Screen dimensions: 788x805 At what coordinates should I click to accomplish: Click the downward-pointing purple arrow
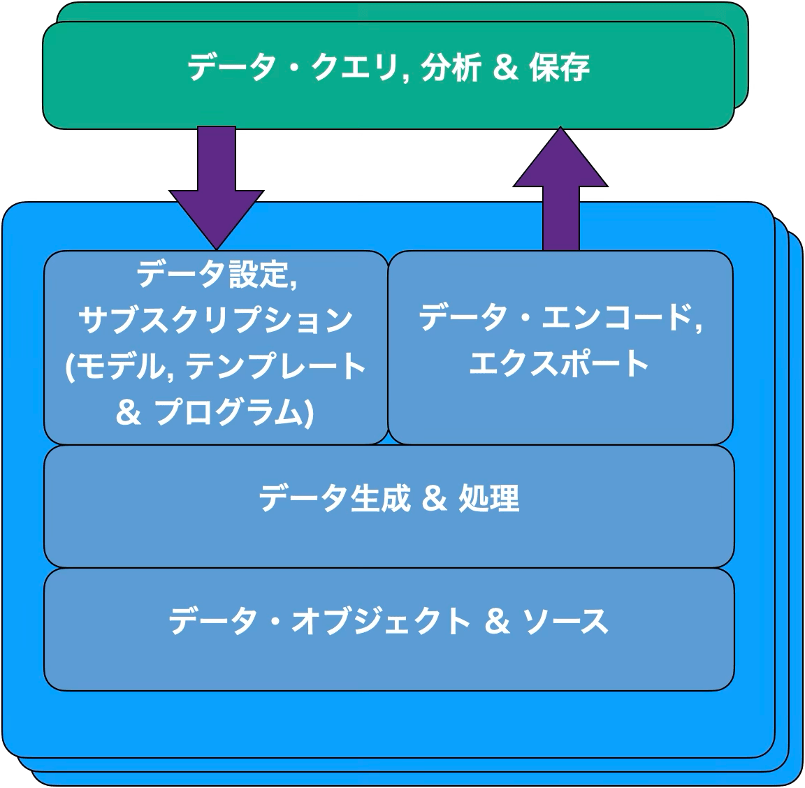(x=217, y=189)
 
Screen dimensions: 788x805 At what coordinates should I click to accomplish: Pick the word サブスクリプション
(x=216, y=319)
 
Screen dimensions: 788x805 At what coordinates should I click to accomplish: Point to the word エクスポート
(x=560, y=364)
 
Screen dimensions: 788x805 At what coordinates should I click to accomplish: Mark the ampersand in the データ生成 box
(x=435, y=499)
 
